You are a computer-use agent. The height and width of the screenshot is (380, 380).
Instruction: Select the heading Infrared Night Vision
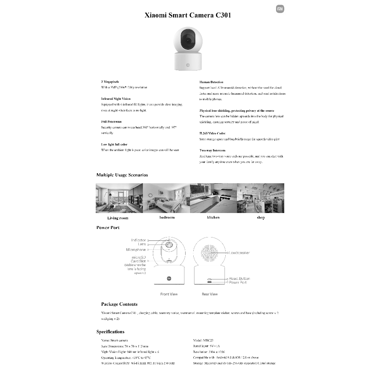coord(116,99)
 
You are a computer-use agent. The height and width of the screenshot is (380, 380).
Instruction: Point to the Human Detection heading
coord(211,82)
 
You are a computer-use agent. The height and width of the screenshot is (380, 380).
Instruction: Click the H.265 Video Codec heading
coord(212,133)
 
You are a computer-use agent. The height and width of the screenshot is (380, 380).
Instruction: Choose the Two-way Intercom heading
coord(212,150)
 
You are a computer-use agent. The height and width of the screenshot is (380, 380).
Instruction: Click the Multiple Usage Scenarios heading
coord(122,175)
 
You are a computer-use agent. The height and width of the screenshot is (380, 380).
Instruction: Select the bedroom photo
coord(167,198)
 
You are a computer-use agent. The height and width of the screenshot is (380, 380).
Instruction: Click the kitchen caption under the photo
coord(213,217)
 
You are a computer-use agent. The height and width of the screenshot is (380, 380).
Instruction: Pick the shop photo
coord(261,198)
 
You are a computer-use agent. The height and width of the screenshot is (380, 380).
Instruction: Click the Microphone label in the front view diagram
coord(136,250)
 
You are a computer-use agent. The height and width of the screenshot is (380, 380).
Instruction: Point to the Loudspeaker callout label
coord(239,253)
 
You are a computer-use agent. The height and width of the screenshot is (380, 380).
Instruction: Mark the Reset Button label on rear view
coord(239,278)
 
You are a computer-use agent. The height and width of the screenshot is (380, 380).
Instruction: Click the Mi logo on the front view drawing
coord(169,278)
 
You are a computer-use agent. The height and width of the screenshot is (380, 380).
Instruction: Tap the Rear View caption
coord(210,294)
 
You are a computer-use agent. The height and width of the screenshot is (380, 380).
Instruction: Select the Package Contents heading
coord(119,304)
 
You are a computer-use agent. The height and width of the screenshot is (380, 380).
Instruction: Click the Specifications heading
coord(110,332)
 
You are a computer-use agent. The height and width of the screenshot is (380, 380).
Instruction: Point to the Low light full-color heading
coord(114,144)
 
